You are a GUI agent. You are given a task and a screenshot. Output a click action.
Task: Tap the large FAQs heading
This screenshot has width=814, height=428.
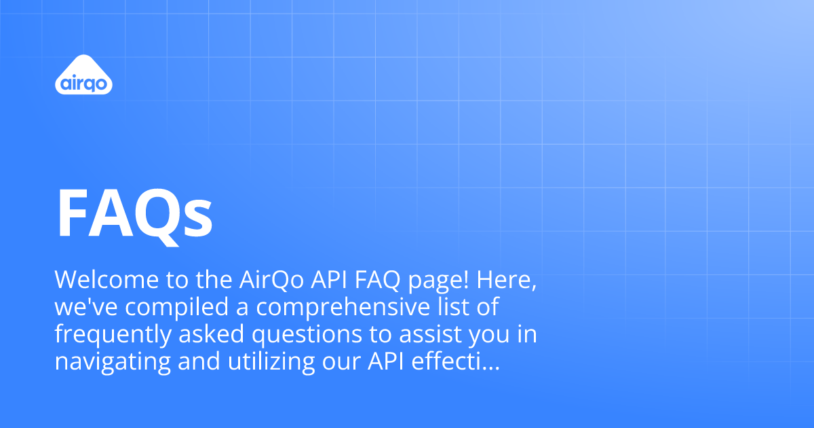tap(134, 212)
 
